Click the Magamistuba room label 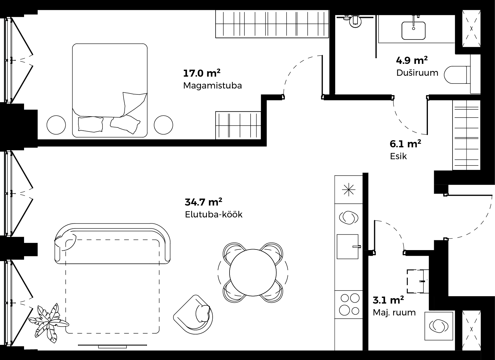coord(212,86)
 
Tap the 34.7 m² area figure coord(203,202)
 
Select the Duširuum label coord(417,73)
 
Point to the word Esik coord(398,156)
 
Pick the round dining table coord(253,272)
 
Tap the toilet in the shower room coord(457,75)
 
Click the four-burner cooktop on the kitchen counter coord(349,304)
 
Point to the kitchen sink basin coord(347,247)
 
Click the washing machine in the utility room coord(439,326)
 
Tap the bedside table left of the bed coord(56,125)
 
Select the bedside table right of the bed coord(163,125)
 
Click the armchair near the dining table coord(193,315)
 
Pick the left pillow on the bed coord(91,124)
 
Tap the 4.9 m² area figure coord(412,60)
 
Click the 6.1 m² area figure coord(405,144)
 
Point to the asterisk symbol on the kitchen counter coord(349,190)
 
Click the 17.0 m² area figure coord(202,73)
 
